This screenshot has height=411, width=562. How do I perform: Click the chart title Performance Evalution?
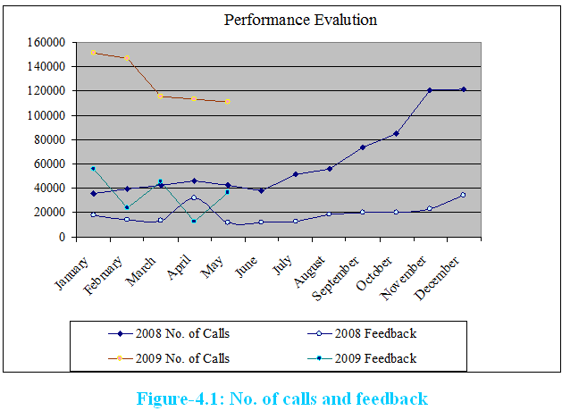pos(300,20)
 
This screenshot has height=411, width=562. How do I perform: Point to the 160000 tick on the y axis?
pos(45,42)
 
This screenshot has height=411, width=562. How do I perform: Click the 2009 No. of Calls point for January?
pos(93,53)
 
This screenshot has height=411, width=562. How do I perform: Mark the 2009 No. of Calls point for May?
pos(228,102)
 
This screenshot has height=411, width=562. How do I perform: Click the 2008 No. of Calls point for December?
pos(464,89)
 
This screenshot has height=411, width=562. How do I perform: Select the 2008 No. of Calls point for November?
pos(430,90)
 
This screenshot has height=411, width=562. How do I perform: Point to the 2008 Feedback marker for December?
pos(464,195)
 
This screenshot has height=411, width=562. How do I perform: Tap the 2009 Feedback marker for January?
pos(93,169)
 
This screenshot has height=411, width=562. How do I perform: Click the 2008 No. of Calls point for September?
pos(363,147)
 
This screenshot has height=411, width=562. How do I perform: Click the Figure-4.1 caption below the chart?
pos(281,398)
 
